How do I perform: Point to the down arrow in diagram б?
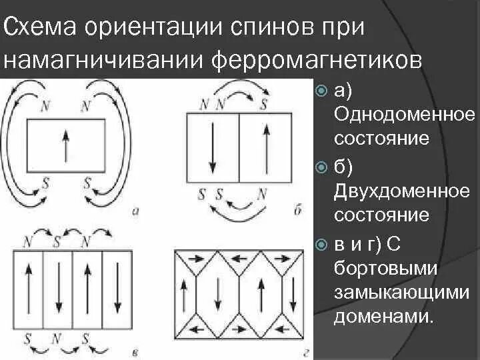[x=211, y=148]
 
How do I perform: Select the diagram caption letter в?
[x=136, y=351]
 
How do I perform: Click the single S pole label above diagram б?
[x=264, y=103]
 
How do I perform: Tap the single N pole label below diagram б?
[x=262, y=194]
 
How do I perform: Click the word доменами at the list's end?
[x=383, y=317]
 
